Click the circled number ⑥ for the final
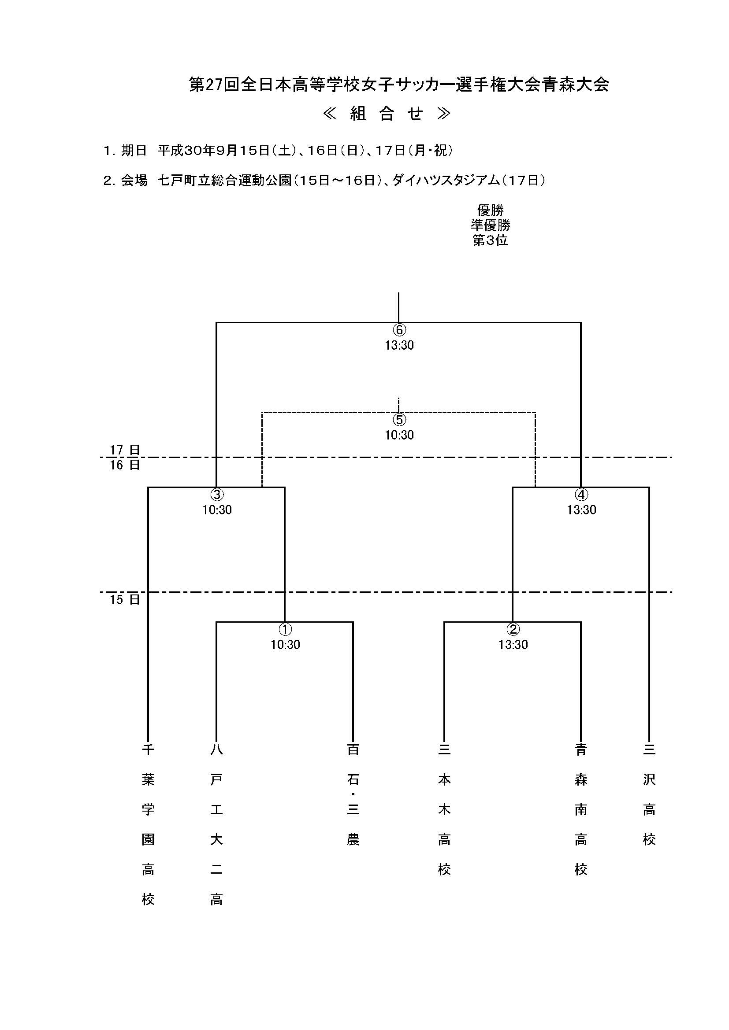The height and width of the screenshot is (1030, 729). [399, 330]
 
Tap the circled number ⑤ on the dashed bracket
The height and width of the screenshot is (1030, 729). [399, 420]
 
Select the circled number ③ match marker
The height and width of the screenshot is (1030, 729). [217, 495]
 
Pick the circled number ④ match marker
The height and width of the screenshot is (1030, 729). [581, 495]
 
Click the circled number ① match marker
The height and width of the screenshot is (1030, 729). [285, 629]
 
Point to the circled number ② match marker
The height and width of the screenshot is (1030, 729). [513, 629]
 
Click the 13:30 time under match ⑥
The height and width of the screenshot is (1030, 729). [399, 345]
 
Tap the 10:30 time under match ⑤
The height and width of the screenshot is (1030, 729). [399, 435]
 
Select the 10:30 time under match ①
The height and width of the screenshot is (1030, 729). [285, 645]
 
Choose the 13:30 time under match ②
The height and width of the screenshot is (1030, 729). [513, 645]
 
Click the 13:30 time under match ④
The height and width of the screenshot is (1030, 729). [581, 510]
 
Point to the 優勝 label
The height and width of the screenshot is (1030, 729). [490, 210]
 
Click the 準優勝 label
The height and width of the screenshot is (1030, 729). [490, 225]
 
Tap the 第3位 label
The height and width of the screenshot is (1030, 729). [490, 240]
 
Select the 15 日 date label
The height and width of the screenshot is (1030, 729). [125, 600]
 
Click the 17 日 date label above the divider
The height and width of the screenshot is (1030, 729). [125, 450]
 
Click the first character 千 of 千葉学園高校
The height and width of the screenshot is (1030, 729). [148, 749]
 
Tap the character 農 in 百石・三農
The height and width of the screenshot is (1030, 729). [353, 839]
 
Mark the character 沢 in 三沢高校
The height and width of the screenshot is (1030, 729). [649, 780]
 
